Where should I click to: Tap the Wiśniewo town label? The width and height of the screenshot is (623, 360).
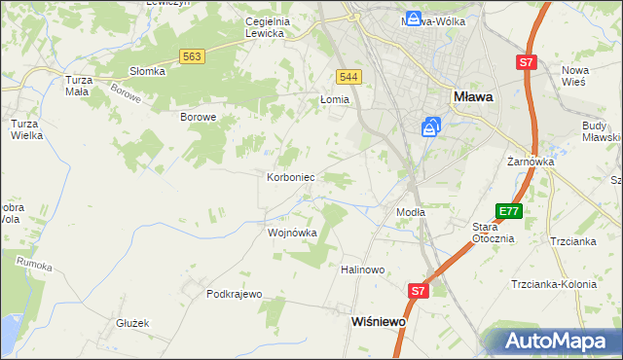378,320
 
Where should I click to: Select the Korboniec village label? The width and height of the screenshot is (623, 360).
290,178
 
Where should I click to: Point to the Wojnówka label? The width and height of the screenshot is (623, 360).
292,234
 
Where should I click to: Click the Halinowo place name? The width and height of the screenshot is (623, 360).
363,270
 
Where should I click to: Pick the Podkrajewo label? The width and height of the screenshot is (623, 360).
235,294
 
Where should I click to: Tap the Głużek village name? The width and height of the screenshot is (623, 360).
131,323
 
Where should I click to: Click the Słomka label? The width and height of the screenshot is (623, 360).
147,71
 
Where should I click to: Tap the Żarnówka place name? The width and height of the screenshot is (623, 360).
530,162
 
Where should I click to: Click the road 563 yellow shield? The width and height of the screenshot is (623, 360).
192,57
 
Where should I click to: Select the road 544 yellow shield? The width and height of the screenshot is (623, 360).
349,77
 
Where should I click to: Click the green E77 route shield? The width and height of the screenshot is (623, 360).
508,211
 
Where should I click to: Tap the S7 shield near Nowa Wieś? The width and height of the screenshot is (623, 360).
526,62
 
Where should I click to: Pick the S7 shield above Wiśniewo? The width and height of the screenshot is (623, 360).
418,290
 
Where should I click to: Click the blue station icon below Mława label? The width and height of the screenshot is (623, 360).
431,126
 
